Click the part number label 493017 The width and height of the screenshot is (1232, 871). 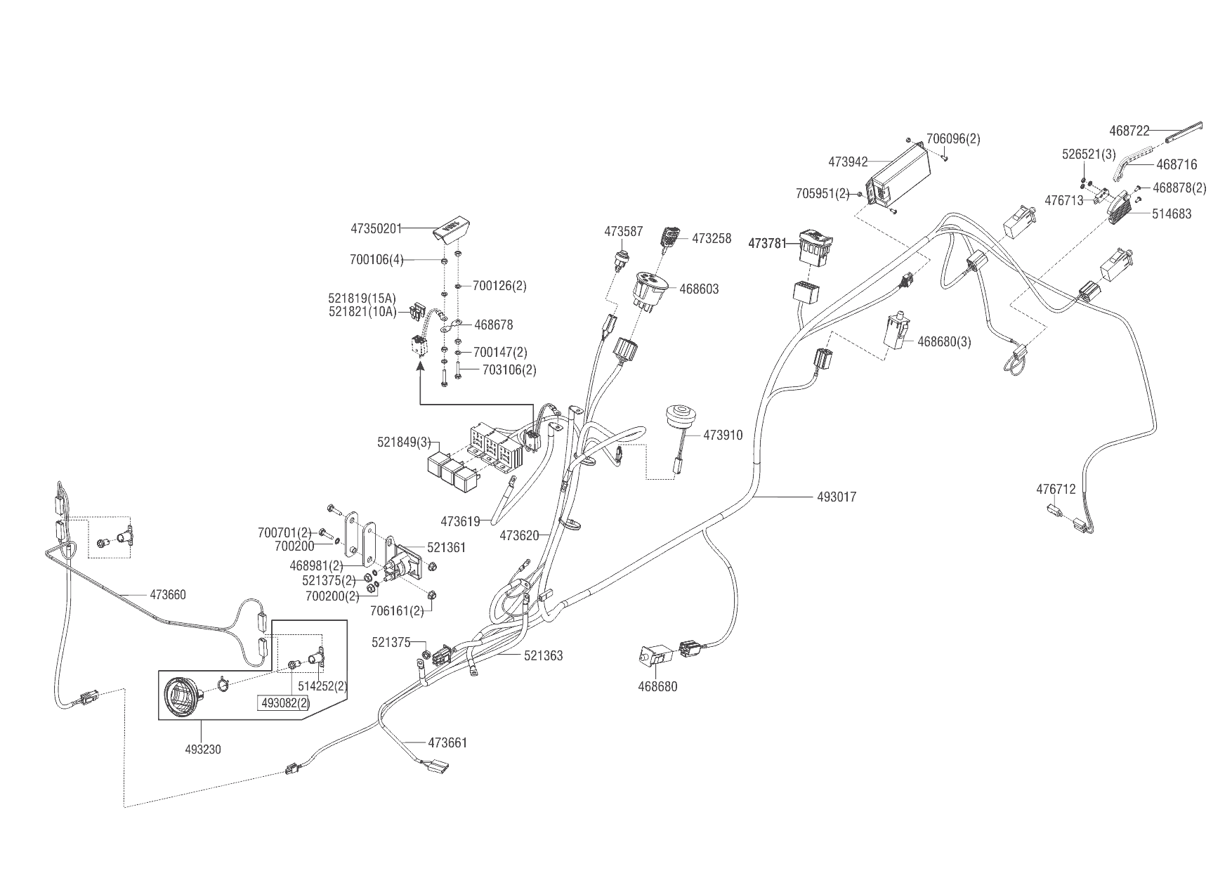coord(837,497)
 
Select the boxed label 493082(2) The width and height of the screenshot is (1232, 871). coord(285,702)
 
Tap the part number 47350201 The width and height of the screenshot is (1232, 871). coord(376,228)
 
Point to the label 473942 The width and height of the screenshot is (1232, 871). coord(848,162)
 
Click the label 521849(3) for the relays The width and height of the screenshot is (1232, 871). coord(404,442)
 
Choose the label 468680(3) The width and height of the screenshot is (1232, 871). coord(945,342)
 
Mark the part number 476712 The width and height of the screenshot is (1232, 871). coord(1056,490)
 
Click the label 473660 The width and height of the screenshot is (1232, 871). coord(168,595)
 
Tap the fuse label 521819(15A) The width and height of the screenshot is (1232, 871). coord(362,299)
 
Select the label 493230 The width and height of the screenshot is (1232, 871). coord(203,749)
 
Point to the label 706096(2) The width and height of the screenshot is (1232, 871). coord(953,139)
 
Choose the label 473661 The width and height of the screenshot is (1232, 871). coord(447,742)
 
